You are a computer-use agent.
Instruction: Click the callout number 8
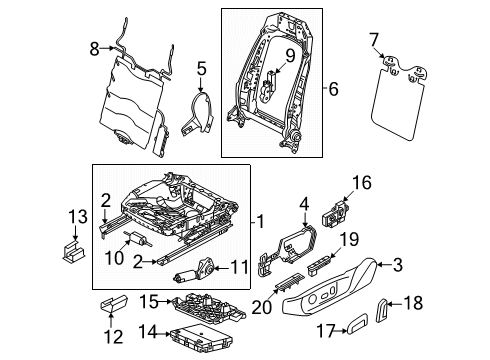tap(94, 49)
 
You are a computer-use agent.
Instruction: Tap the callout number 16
tap(361, 183)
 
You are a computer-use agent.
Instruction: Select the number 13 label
tap(78, 216)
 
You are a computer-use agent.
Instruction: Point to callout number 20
tap(262, 307)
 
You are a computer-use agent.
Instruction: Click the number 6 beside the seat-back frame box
tap(333, 89)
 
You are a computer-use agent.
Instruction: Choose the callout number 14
tap(148, 332)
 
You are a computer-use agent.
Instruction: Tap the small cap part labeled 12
tap(114, 303)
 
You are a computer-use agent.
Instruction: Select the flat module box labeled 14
tap(201, 338)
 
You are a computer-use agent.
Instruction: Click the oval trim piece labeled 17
tap(357, 323)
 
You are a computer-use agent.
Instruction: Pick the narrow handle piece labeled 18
tap(382, 310)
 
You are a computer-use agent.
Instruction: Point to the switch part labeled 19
tap(320, 265)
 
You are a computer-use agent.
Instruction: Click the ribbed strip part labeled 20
tap(289, 282)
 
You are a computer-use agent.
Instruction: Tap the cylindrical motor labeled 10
tap(137, 238)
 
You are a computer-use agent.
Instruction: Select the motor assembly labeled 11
tap(196, 271)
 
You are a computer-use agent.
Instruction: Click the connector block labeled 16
tap(335, 213)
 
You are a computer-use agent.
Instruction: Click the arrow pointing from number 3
tap(383, 265)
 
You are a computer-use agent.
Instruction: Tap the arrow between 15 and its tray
tap(165, 302)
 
